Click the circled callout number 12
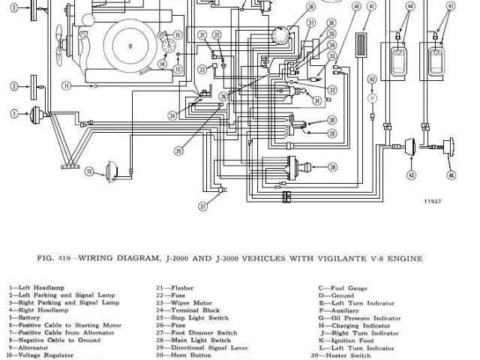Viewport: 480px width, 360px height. pyautogui.click(x=88, y=172)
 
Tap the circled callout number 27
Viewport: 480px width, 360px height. pyautogui.click(x=202, y=206)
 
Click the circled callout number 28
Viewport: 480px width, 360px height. pyautogui.click(x=332, y=166)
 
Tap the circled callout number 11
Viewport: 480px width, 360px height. pyautogui.click(x=67, y=86)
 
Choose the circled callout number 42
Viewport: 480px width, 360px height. pyautogui.click(x=372, y=79)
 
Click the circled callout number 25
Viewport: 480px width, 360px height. pyautogui.click(x=179, y=151)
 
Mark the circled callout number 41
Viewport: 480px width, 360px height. pyautogui.click(x=356, y=7)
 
